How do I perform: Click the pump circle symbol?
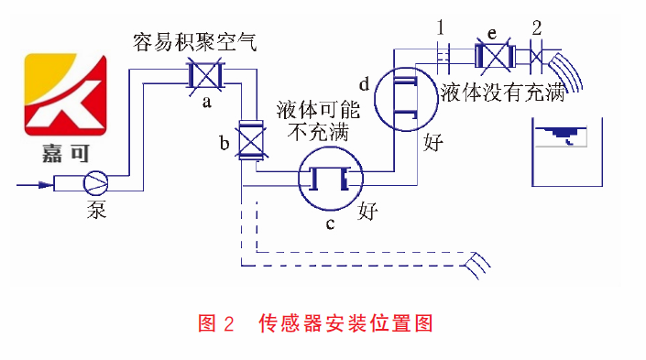(x=95, y=183)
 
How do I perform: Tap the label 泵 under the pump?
(x=97, y=210)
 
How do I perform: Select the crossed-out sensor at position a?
(x=207, y=76)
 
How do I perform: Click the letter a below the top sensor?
(x=207, y=102)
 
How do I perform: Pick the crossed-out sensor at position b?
(x=249, y=142)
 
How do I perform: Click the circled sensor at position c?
(x=329, y=179)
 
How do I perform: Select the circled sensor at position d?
(x=405, y=97)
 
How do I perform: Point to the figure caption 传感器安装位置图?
(x=345, y=322)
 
